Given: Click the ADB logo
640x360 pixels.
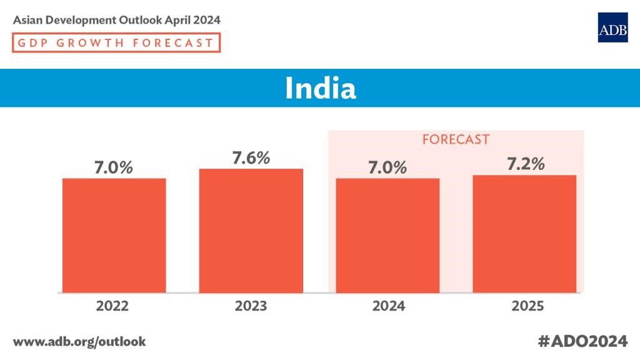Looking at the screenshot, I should click(612, 27).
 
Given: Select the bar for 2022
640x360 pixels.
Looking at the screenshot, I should click(114, 235).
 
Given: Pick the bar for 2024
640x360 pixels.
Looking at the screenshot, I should click(387, 235).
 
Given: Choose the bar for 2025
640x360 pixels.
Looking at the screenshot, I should click(524, 233).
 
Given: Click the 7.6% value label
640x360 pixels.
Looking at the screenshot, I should click(251, 158).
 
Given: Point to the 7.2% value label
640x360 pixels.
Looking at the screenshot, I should click(524, 164).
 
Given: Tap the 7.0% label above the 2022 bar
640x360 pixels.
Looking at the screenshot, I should click(114, 167).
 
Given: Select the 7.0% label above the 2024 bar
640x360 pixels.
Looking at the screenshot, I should click(387, 167).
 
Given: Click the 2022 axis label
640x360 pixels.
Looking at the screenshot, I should click(113, 306).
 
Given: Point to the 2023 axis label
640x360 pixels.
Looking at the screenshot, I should click(251, 306).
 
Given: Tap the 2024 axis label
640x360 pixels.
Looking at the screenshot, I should click(387, 306).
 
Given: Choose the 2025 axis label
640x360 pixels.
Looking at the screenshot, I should click(524, 306).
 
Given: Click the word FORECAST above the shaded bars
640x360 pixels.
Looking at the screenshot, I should click(456, 139).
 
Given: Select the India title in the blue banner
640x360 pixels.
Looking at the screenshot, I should click(320, 88).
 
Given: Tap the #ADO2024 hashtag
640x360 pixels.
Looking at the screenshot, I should click(582, 341).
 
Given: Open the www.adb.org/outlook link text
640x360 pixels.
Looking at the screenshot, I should click(79, 341).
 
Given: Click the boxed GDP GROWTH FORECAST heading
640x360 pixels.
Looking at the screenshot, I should click(116, 43).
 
